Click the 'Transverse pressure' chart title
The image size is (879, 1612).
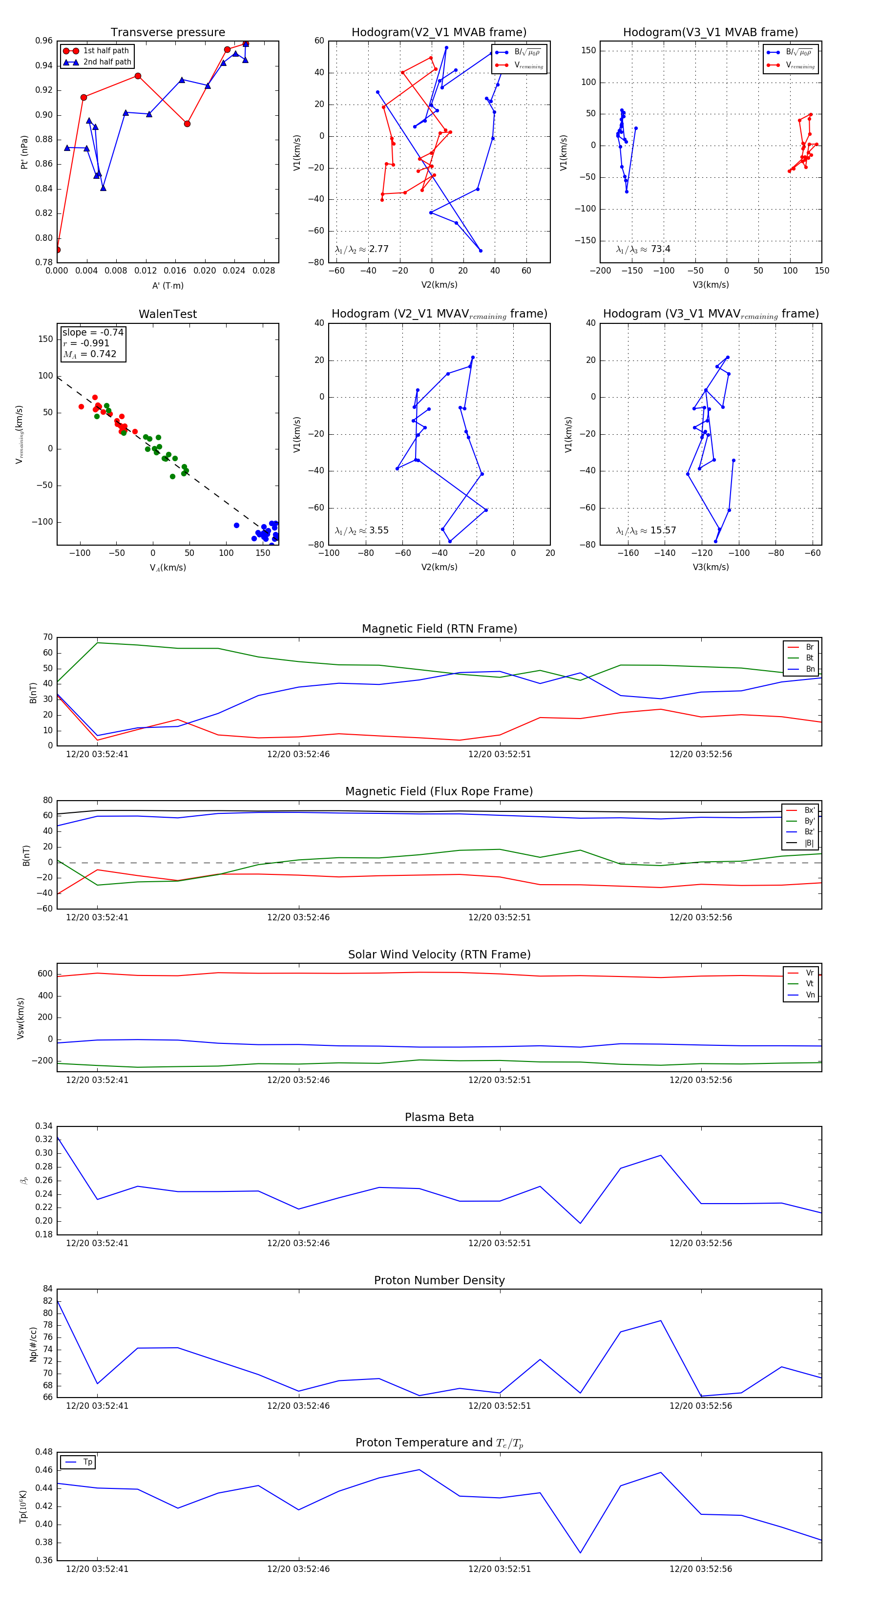[x=167, y=33]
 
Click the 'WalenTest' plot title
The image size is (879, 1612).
[x=167, y=314]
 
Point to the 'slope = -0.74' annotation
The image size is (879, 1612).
[x=93, y=332]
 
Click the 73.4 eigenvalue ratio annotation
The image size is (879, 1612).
[x=643, y=249]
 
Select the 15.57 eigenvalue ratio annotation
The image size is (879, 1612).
[x=646, y=530]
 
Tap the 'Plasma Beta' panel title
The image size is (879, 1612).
[x=439, y=1117]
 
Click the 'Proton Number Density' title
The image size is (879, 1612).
[x=439, y=1280]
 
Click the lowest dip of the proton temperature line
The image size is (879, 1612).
[x=581, y=1552]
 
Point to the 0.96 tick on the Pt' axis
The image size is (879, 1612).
[x=44, y=41]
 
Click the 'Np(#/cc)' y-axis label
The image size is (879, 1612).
[x=33, y=1344]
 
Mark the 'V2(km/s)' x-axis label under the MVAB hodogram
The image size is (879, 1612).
[x=439, y=285]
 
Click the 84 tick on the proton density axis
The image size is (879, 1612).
[x=47, y=1289]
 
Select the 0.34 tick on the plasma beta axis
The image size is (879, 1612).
[x=44, y=1126]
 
